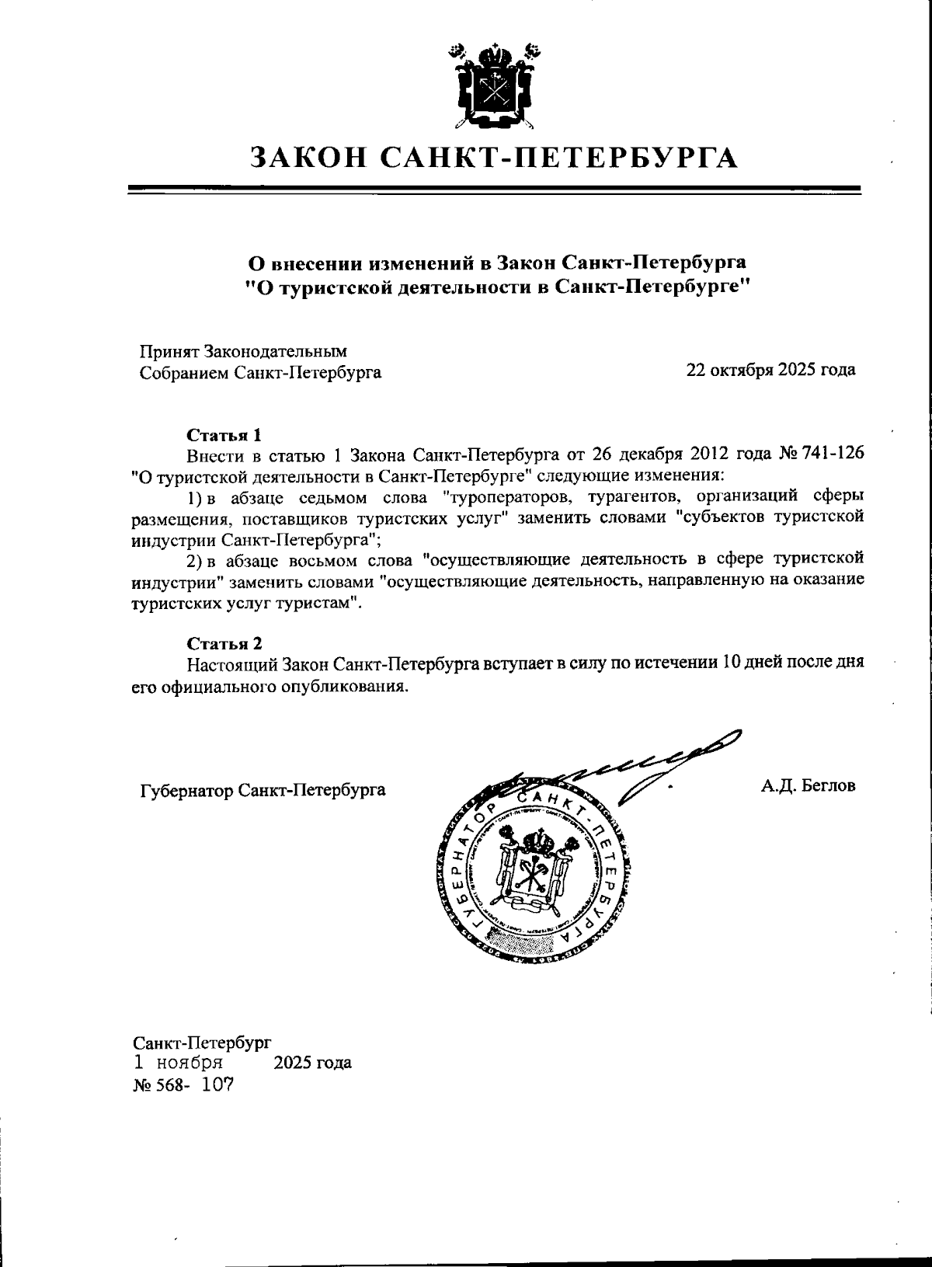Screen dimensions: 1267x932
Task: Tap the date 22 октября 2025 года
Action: (x=770, y=369)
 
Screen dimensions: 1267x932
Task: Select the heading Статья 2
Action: (x=224, y=643)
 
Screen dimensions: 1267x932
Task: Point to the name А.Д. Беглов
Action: (x=808, y=785)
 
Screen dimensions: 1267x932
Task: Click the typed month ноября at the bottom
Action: (x=190, y=1061)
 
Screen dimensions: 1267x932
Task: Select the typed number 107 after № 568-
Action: (x=217, y=1084)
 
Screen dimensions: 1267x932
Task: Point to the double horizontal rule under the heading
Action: (x=493, y=190)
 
